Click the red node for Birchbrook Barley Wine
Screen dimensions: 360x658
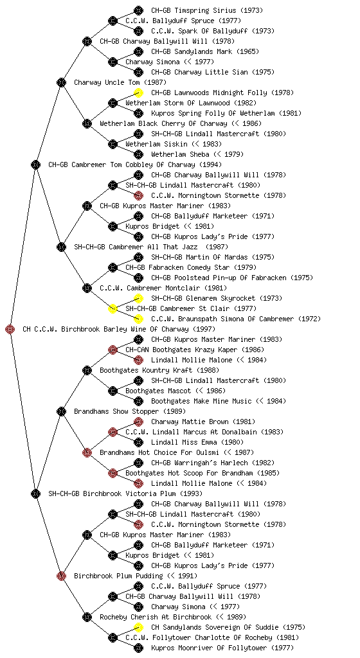(10, 329)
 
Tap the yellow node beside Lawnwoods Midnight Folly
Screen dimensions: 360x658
(138, 93)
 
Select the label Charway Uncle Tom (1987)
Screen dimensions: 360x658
(120, 82)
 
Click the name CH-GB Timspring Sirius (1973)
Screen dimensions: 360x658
(207, 10)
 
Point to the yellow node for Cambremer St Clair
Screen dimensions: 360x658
(113, 308)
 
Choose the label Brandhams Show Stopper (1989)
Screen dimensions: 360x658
(130, 411)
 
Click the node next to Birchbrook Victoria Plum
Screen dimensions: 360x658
(35, 493)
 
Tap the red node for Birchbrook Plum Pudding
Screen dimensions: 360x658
(61, 576)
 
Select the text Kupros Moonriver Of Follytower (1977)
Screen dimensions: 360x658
(222, 648)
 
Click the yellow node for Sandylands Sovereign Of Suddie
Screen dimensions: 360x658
(138, 627)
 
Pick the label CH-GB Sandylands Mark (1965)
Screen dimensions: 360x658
(205, 51)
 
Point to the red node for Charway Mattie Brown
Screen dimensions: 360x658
(138, 422)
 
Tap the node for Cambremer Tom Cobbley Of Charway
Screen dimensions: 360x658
(35, 164)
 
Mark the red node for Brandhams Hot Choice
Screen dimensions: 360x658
(87, 452)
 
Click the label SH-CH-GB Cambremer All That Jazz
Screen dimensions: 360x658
(136, 247)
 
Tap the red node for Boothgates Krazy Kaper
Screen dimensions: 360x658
(113, 350)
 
